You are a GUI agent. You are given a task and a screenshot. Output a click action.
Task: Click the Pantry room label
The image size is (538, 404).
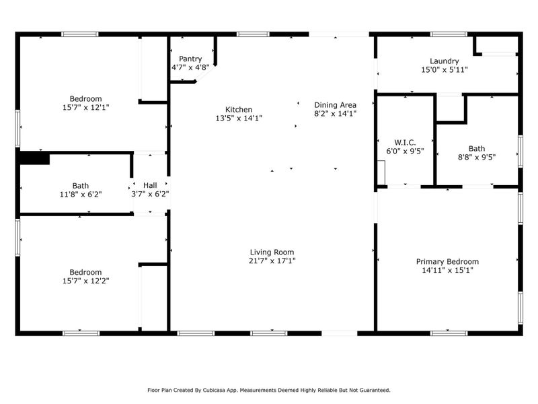pos(190,59)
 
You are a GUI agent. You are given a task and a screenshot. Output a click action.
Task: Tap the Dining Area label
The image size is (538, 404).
pos(335,104)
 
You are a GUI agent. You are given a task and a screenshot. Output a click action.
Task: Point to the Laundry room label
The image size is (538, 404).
pos(444,61)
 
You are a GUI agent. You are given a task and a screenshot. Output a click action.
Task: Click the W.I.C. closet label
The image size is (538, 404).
pos(405,142)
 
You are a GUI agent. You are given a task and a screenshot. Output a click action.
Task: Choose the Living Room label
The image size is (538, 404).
pos(272,252)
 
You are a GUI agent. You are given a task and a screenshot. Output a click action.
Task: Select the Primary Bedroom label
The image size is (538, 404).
pos(447,262)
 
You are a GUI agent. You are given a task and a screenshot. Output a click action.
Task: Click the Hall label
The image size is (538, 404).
pos(149,184)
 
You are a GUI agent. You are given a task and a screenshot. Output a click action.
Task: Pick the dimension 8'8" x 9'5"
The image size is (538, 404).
pos(476,158)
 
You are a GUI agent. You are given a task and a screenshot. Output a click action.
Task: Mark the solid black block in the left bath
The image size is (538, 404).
pos(34,158)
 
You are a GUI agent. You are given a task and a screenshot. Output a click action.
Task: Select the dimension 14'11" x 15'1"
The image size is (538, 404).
pos(447,271)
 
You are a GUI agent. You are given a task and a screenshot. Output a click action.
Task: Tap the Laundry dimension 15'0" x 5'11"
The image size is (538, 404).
pos(444,69)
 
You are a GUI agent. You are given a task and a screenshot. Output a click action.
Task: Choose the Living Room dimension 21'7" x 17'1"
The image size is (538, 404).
pos(272,261)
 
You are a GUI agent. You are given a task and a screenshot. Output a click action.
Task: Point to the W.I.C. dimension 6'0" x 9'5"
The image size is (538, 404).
pos(405,151)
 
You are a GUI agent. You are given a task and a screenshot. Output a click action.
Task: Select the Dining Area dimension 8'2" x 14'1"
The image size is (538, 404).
pos(335,114)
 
